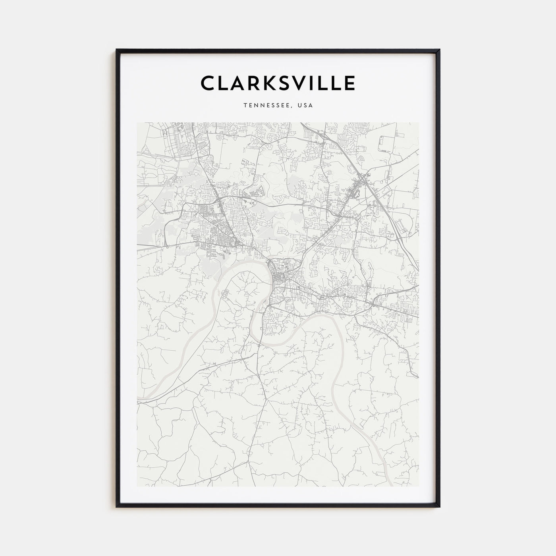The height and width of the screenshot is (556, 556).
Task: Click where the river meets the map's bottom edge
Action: click(390, 485)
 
